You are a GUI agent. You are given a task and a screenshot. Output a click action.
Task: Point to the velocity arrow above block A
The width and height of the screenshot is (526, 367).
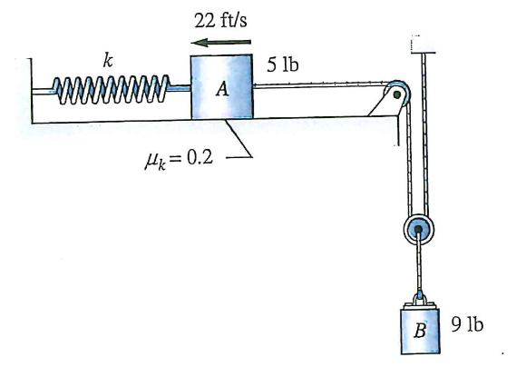point(221,42)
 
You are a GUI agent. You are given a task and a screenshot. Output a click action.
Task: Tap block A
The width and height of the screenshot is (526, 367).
point(221,87)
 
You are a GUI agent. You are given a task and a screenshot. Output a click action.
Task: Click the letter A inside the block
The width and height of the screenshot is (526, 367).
point(221,92)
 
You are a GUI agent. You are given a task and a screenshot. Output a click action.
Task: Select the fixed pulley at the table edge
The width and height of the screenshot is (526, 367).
point(397,94)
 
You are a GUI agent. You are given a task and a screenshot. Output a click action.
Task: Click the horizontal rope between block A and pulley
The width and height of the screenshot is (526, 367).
point(317,86)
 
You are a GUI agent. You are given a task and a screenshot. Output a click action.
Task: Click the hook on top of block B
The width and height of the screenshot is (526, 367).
point(419,296)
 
